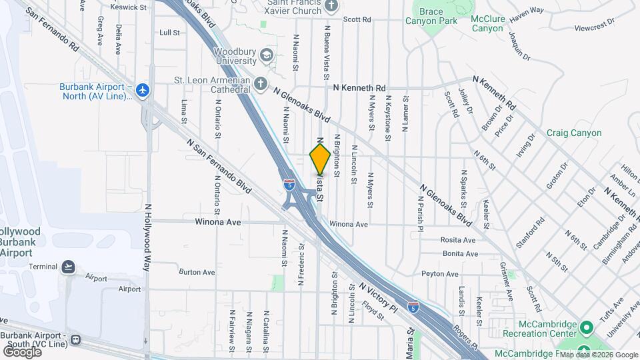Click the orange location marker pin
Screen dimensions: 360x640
click(x=320, y=159)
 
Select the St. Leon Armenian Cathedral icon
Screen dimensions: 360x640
click(x=261, y=84)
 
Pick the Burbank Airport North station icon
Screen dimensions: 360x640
click(x=141, y=89)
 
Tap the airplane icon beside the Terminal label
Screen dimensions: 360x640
click(x=67, y=267)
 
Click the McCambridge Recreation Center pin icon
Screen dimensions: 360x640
click(x=586, y=328)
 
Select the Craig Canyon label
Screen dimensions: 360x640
click(x=574, y=133)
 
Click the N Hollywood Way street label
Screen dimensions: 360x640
click(x=148, y=237)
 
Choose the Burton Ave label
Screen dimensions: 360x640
click(x=197, y=272)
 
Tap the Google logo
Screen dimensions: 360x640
click(x=22, y=351)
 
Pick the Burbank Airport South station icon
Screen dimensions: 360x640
click(x=75, y=339)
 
